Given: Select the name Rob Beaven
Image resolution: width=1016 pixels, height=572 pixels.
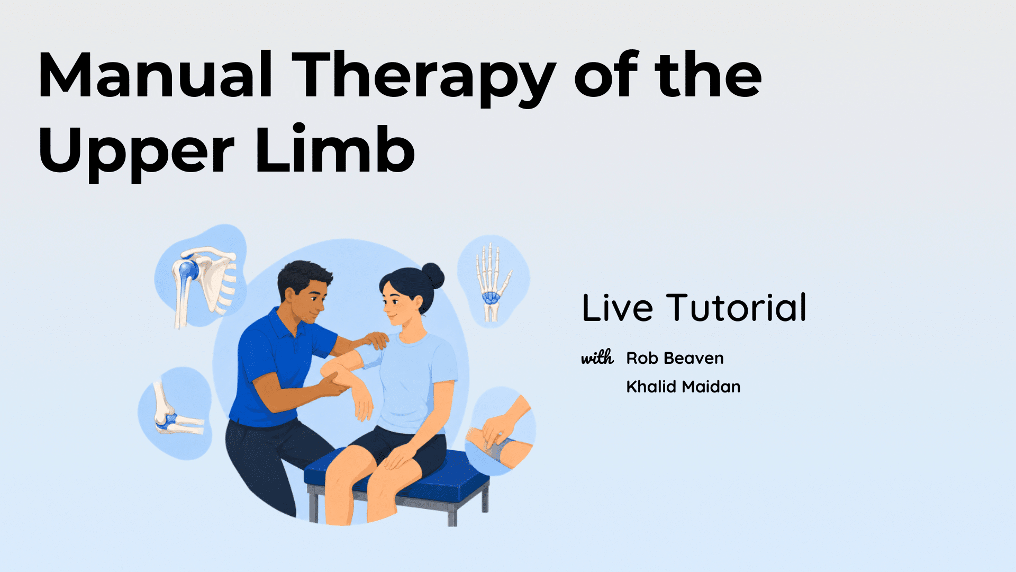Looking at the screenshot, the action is tap(675, 358).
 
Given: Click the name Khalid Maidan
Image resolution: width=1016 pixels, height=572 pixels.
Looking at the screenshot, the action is tap(683, 387).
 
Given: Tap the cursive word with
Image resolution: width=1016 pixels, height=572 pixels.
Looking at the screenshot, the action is tap(597, 358).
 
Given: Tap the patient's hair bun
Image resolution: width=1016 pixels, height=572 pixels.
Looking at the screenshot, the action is tap(433, 275).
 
